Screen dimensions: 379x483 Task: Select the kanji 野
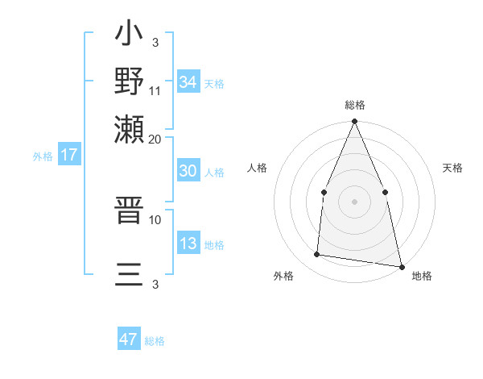point(130,81)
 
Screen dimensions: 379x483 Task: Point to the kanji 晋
point(130,214)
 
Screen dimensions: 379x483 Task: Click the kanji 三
point(130,274)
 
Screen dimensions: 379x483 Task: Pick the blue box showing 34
point(188,82)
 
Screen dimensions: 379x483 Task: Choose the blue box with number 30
point(188,172)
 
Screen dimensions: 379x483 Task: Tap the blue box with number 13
point(188,244)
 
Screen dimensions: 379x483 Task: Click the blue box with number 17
point(68,155)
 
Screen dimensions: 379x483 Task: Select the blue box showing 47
point(129,339)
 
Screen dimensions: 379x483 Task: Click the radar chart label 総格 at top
point(354,105)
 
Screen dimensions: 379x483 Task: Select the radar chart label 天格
point(452,168)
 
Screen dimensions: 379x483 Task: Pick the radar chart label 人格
point(257,168)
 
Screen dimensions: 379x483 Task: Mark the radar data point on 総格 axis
point(354,122)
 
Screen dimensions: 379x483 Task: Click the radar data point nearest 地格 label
point(401,266)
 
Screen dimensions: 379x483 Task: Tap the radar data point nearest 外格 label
point(317,255)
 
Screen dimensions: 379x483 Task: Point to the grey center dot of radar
point(354,202)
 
